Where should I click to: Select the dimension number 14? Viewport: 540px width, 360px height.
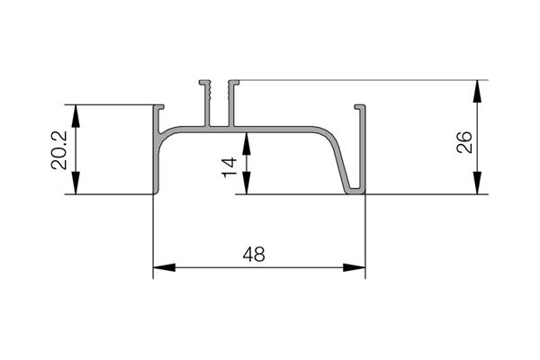pyautogui.click(x=229, y=164)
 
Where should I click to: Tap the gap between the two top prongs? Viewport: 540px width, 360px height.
pyautogui.click(x=217, y=103)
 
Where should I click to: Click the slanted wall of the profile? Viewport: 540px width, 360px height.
pyautogui.click(x=342, y=162)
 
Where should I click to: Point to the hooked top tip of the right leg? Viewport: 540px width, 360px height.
pyautogui.click(x=361, y=108)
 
